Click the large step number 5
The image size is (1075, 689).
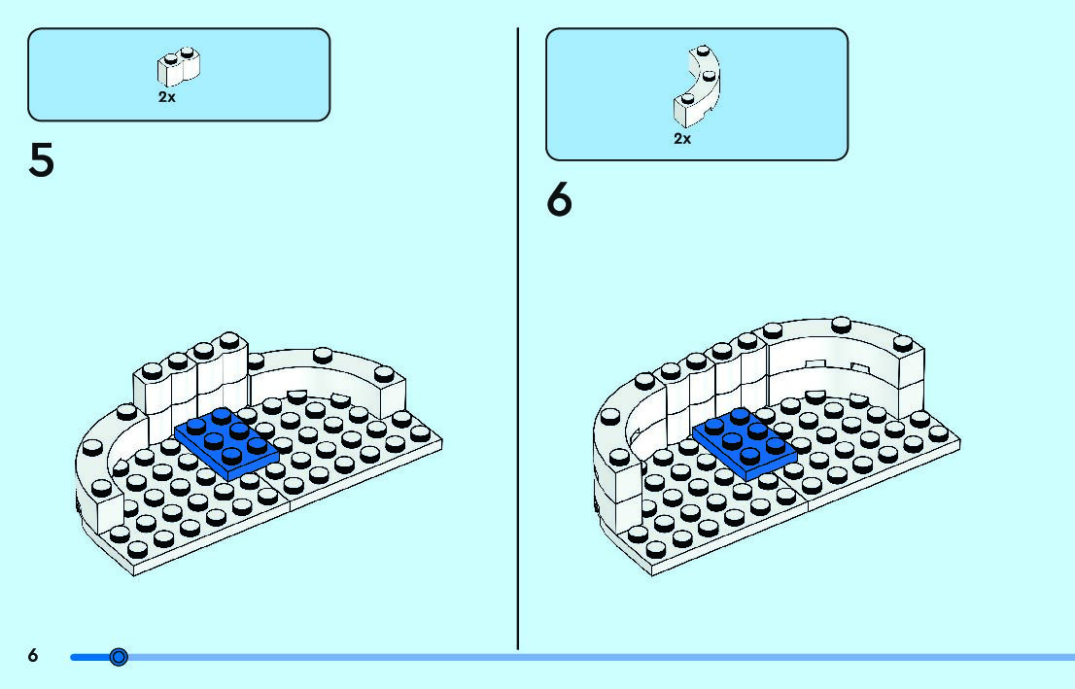[41, 161]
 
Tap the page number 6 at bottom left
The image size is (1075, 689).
[33, 656]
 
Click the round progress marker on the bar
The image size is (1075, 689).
[119, 658]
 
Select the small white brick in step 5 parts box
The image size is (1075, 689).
[178, 67]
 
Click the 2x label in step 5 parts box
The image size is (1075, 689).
[167, 98]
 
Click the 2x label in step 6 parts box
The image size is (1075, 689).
[682, 139]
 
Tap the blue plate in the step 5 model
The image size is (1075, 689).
[226, 443]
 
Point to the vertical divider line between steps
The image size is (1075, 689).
[518, 340]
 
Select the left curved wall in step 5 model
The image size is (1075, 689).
[102, 466]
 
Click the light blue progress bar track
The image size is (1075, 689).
[583, 658]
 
